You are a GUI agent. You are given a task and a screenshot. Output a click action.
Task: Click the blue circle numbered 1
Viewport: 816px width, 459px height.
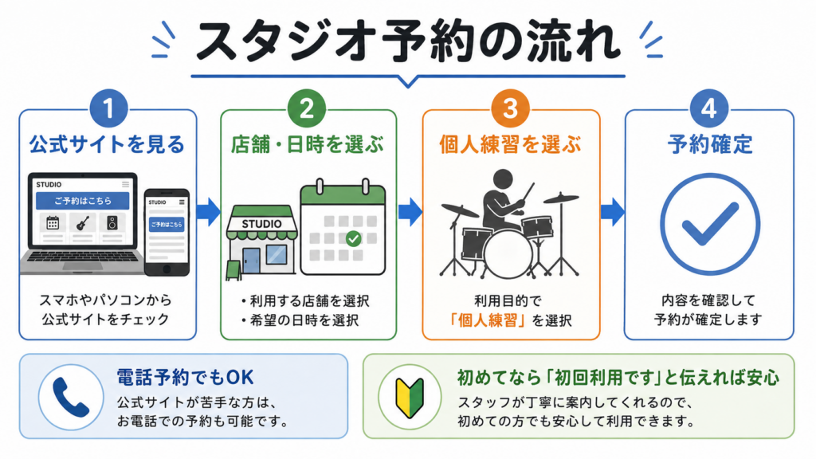pyautogui.click(x=108, y=108)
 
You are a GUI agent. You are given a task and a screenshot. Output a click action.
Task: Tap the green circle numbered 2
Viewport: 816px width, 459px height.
pyautogui.click(x=307, y=108)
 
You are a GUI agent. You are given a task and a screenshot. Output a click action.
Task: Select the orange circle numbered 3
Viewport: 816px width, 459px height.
pyautogui.click(x=510, y=108)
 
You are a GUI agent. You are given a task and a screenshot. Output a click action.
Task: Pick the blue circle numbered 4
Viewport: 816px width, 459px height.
pyautogui.click(x=708, y=108)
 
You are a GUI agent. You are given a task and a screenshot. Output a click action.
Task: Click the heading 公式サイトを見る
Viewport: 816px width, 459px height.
pyautogui.click(x=108, y=144)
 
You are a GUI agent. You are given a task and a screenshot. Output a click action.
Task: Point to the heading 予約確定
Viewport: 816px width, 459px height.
pyautogui.click(x=710, y=144)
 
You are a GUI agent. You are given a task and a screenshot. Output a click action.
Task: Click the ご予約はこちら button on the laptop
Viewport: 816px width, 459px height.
pyautogui.click(x=83, y=200)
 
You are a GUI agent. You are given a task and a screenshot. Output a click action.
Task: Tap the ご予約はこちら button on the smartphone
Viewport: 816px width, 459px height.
pyautogui.click(x=167, y=224)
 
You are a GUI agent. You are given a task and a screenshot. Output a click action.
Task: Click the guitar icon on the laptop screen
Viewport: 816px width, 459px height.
pyautogui.click(x=83, y=223)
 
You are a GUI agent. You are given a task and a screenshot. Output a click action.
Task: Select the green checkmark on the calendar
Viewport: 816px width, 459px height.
pyautogui.click(x=353, y=238)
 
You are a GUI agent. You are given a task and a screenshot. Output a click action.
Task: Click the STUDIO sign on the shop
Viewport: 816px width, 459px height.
pyautogui.click(x=261, y=224)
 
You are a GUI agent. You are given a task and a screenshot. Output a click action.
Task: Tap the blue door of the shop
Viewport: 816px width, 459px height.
pyautogui.click(x=251, y=261)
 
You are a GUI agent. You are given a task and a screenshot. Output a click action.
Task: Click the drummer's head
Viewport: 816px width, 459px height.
pyautogui.click(x=503, y=179)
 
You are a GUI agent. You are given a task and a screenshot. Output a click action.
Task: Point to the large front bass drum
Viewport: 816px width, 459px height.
pyautogui.click(x=508, y=254)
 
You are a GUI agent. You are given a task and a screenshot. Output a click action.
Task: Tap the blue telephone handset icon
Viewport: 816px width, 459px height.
pyautogui.click(x=71, y=397)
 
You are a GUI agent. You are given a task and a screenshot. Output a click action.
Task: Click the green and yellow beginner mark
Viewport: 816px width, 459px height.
pyautogui.click(x=410, y=398)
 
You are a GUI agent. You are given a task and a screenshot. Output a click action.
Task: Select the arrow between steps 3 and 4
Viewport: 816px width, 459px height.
pyautogui.click(x=613, y=212)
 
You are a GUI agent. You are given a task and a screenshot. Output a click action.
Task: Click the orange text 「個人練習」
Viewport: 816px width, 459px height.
pyautogui.click(x=488, y=320)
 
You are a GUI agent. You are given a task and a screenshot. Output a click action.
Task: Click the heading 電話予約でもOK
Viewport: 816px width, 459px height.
pyautogui.click(x=185, y=377)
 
